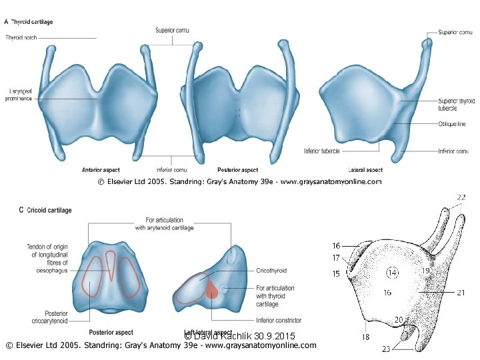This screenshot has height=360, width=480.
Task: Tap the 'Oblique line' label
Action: (452, 124)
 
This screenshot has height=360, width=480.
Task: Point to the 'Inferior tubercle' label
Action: (322, 151)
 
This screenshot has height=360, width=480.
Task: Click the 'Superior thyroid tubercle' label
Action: (456, 104)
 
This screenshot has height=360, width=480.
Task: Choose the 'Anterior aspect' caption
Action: (101, 170)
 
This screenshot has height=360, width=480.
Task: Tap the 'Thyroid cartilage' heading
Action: (32, 22)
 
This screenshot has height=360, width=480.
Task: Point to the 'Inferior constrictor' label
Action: (279, 321)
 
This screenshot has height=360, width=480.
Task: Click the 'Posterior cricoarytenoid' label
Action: (47, 318)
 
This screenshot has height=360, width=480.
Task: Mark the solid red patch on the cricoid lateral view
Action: (212, 290)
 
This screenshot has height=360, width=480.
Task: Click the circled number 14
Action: (392, 272)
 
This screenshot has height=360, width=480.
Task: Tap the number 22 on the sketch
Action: (461, 197)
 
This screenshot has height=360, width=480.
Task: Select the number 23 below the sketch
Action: (386, 349)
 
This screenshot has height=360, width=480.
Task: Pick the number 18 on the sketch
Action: (366, 337)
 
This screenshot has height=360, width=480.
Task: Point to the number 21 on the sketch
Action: (461, 292)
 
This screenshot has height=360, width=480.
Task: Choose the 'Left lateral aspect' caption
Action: (208, 332)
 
